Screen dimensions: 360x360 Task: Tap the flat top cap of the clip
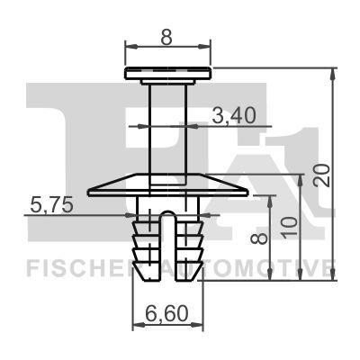(x=168, y=73)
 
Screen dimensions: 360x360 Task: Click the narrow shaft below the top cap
(x=168, y=126)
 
